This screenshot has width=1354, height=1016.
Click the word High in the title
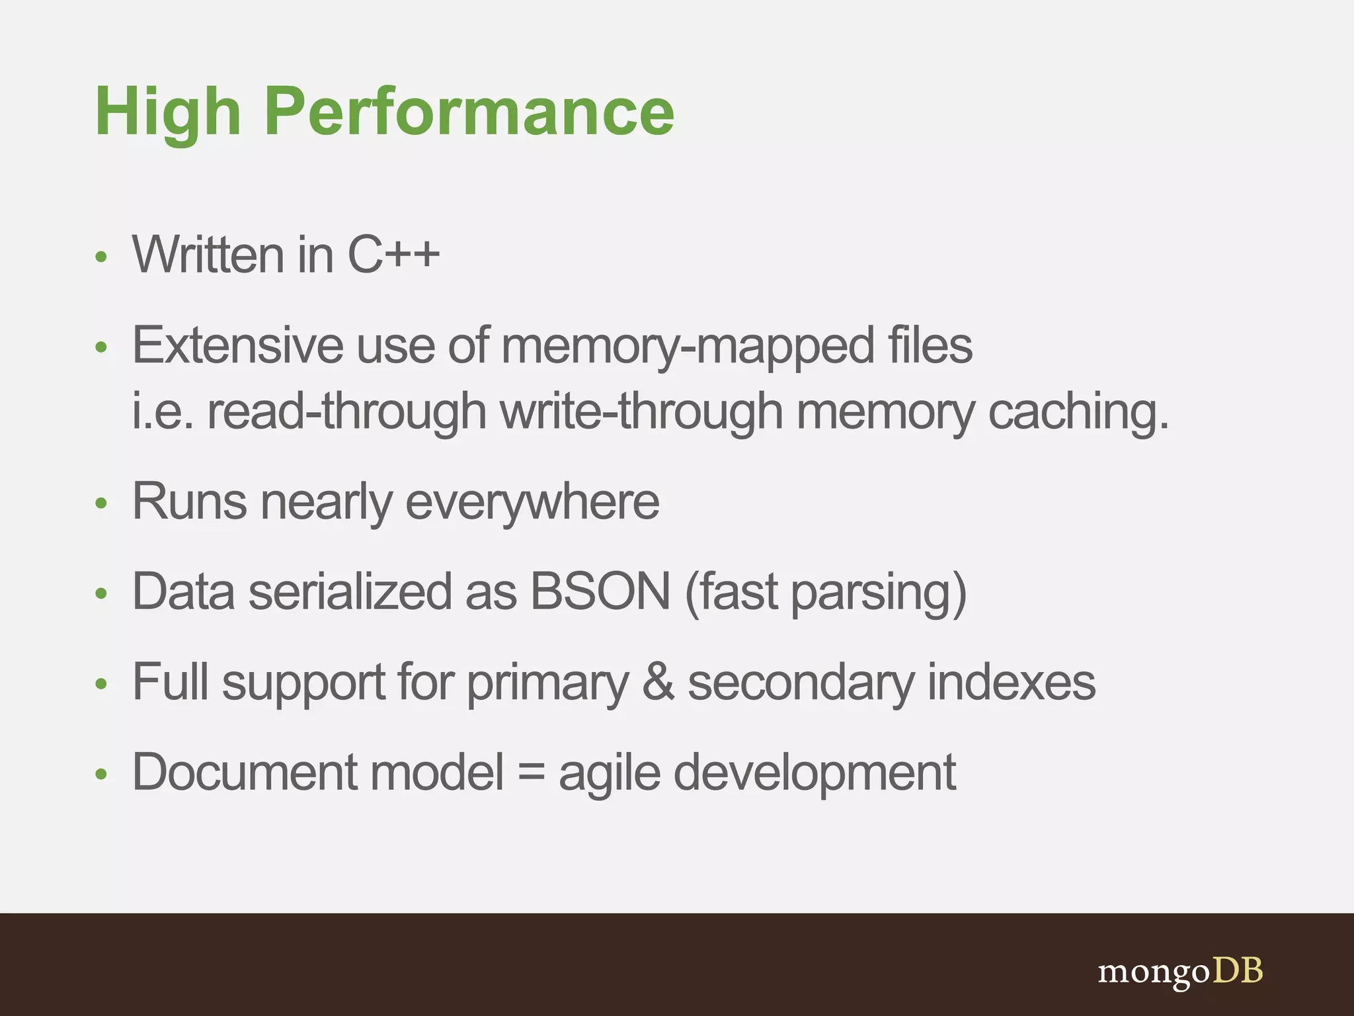(168, 112)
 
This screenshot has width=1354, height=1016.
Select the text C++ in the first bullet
(393, 255)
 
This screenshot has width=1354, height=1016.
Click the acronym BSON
(600, 591)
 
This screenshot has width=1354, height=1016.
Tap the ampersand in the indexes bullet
(658, 682)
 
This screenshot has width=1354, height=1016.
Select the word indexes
(1012, 682)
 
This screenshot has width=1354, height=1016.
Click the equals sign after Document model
(531, 773)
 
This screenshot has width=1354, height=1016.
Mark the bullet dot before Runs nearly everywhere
(100, 503)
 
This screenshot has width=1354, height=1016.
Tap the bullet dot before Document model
(100, 774)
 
